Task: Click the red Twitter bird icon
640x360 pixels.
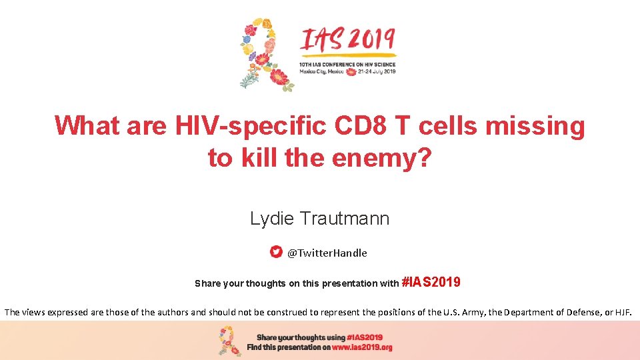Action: tap(276, 252)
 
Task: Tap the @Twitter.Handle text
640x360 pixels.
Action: tap(327, 253)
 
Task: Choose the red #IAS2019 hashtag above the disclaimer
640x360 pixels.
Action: tap(431, 282)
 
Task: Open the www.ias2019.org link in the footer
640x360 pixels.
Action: tap(362, 347)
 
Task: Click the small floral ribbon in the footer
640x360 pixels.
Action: tap(230, 341)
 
